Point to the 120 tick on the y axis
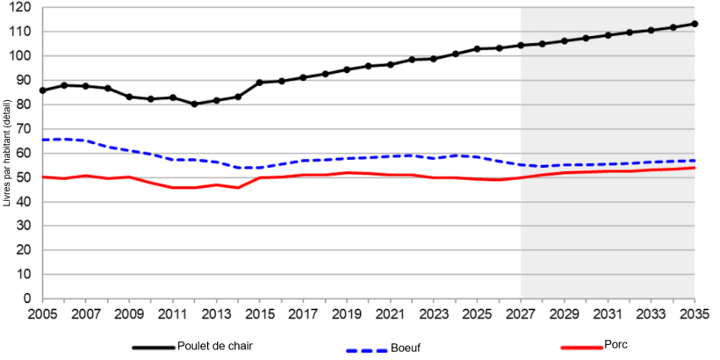pyautogui.click(x=22, y=7)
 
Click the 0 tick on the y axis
pyautogui.click(x=28, y=299)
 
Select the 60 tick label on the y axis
pyautogui.click(x=25, y=153)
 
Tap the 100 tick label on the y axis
pyautogui.click(x=22, y=56)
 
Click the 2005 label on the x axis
pyautogui.click(x=42, y=313)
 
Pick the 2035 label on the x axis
pyautogui.click(x=695, y=313)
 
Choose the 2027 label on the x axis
pyautogui.click(x=521, y=313)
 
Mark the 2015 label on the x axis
pyautogui.click(x=260, y=313)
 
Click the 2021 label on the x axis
pyautogui.click(x=390, y=313)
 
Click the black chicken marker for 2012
pyautogui.click(x=194, y=104)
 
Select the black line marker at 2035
pyautogui.click(x=695, y=24)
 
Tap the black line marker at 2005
pyautogui.click(x=42, y=90)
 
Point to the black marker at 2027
pyautogui.click(x=521, y=45)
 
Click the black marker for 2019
pyautogui.click(x=347, y=69)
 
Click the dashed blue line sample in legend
pyautogui.click(x=366, y=349)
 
